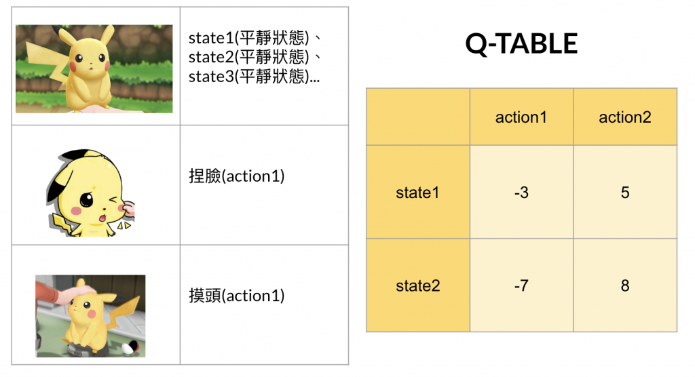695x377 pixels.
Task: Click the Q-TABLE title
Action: (521, 44)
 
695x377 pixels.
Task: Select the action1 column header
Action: (521, 117)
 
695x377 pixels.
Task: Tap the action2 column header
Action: (625, 117)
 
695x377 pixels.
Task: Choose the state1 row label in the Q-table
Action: (418, 193)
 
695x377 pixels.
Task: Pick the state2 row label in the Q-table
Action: (418, 285)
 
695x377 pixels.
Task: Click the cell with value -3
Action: (521, 193)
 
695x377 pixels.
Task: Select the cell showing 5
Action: (625, 193)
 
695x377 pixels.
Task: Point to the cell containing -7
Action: (521, 285)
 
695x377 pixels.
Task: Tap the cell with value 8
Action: (625, 285)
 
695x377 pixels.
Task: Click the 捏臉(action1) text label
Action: (237, 176)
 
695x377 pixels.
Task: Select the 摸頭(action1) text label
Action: (237, 296)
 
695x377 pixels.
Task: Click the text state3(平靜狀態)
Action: (248, 76)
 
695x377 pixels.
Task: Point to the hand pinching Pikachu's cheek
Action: (129, 208)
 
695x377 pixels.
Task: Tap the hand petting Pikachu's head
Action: (73, 291)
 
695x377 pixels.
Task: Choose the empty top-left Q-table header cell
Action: (418, 117)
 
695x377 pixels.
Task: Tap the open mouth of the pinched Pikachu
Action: (102, 218)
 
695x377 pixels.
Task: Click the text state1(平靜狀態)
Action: (248, 38)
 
